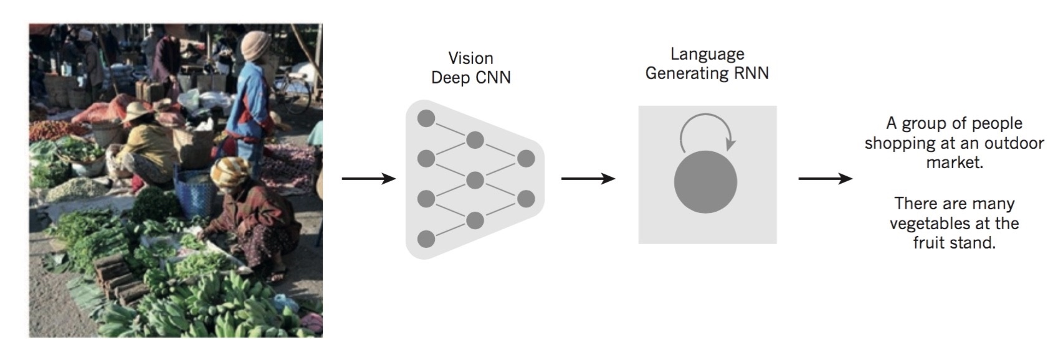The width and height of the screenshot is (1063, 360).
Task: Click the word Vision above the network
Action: coord(470,59)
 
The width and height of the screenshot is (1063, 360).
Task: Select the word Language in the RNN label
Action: coord(707,55)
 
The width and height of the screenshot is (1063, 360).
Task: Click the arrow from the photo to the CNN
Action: coord(368,179)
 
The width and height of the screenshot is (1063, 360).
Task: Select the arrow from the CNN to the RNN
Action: coord(588,179)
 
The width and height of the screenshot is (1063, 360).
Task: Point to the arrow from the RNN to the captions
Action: coord(825,179)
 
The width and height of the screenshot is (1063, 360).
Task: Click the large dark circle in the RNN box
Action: coord(705,182)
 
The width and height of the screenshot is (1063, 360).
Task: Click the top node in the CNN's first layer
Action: coord(426,118)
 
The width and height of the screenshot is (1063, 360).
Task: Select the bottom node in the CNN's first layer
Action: coord(426,239)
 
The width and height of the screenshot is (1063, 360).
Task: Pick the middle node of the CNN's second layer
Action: coord(475,181)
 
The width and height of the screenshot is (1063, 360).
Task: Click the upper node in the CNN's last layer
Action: coord(526,158)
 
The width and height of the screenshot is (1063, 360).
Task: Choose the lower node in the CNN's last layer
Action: coord(526,199)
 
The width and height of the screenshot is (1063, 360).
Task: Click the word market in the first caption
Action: coord(954,163)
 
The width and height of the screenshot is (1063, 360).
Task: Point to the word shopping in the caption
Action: coord(895,143)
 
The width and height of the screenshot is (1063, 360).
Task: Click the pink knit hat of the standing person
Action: coord(255,45)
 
